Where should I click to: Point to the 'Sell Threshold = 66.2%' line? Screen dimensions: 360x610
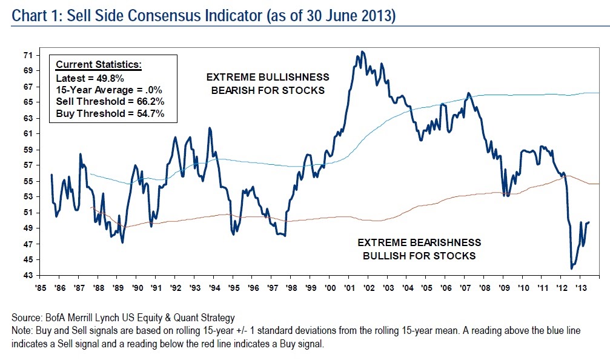[110, 101]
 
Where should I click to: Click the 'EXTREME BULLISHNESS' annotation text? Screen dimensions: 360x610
[268, 77]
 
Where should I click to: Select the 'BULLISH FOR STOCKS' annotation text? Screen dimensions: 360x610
[419, 255]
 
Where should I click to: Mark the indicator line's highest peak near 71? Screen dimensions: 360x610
[362, 52]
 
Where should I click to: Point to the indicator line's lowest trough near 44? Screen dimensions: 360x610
[571, 268]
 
